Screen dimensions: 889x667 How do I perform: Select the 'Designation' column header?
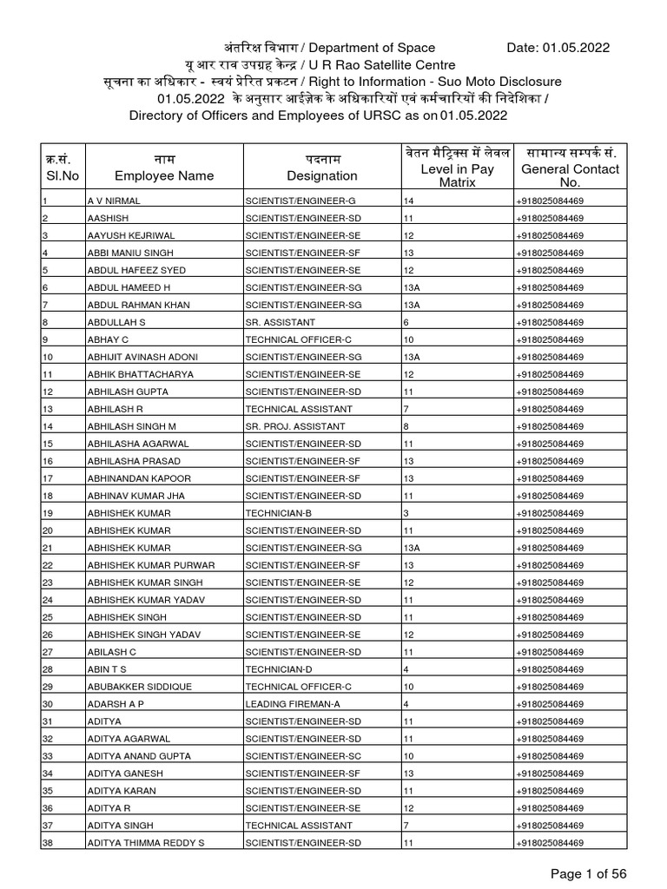click(x=322, y=175)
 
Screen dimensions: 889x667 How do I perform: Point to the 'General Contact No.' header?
click(x=570, y=175)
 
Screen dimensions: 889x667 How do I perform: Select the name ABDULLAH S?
click(x=116, y=322)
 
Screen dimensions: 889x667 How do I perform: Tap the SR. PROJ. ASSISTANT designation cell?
click(x=295, y=426)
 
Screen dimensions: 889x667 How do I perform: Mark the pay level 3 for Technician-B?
click(x=406, y=513)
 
